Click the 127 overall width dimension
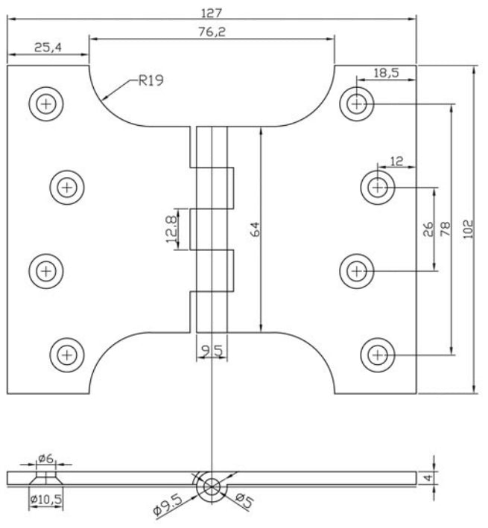[x=212, y=13]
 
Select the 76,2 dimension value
[x=212, y=32]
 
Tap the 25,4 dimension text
[x=48, y=48]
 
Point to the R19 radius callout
[x=151, y=80]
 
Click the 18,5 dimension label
[x=386, y=72]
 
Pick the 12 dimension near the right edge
[x=396, y=162]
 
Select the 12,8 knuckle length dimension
[x=171, y=229]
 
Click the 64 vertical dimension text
[x=256, y=229]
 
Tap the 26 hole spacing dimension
[x=428, y=229]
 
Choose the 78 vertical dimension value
[x=445, y=229]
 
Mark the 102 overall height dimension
[x=467, y=229]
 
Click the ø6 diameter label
[x=45, y=458]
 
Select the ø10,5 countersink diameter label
[x=45, y=500]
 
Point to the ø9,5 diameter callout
[x=168, y=506]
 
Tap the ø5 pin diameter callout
[x=244, y=500]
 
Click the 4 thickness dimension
[x=428, y=478]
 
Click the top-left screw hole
[x=45, y=104]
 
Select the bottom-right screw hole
[x=378, y=355]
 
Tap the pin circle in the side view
[x=212, y=487]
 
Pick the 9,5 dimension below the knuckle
[x=212, y=351]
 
